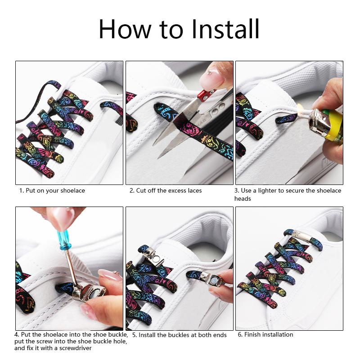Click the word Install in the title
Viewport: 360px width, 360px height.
pyautogui.click(x=225, y=29)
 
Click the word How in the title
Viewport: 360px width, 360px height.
pyautogui.click(x=125, y=29)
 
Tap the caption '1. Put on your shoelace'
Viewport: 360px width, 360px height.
pyautogui.click(x=52, y=190)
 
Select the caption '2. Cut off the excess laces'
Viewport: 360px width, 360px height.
pyautogui.click(x=166, y=190)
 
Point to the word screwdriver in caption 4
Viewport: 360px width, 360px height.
pyautogui.click(x=75, y=348)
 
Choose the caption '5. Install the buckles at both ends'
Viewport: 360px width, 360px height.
pyautogui.click(x=180, y=335)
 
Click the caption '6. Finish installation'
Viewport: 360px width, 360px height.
pyautogui.click(x=265, y=334)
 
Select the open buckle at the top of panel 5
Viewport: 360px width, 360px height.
pyautogui.click(x=153, y=256)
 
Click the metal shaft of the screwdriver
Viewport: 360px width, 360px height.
pyautogui.click(x=71, y=267)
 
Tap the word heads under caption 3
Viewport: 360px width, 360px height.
pyautogui.click(x=243, y=198)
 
